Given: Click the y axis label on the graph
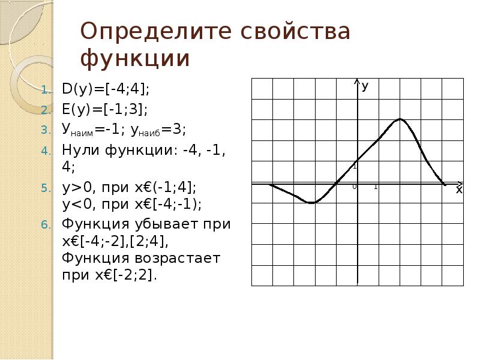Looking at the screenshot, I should tap(365, 86).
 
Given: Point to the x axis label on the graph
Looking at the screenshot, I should tap(459, 190).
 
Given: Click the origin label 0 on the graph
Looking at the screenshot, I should tap(354, 187).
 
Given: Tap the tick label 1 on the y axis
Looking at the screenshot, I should tap(355, 166).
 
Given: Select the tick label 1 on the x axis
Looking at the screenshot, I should tap(376, 187).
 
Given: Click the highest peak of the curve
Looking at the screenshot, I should tap(399, 119).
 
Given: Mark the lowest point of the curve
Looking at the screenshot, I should tap(311, 203).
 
